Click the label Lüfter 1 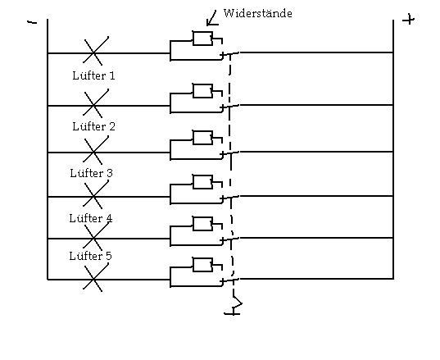[93, 75]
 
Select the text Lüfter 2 [93, 126]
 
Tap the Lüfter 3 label [91, 173]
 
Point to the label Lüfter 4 [91, 218]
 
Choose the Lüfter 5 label [90, 256]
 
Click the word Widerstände [257, 13]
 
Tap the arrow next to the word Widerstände [211, 19]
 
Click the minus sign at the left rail [32, 22]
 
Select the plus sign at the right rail [408, 20]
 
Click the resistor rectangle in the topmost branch [202, 39]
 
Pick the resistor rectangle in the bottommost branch [202, 265]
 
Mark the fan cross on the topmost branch [96, 51]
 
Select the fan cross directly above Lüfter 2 [96, 103]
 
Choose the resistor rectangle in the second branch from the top [202, 91]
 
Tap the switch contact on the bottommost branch [229, 280]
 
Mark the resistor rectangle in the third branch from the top [202, 138]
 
